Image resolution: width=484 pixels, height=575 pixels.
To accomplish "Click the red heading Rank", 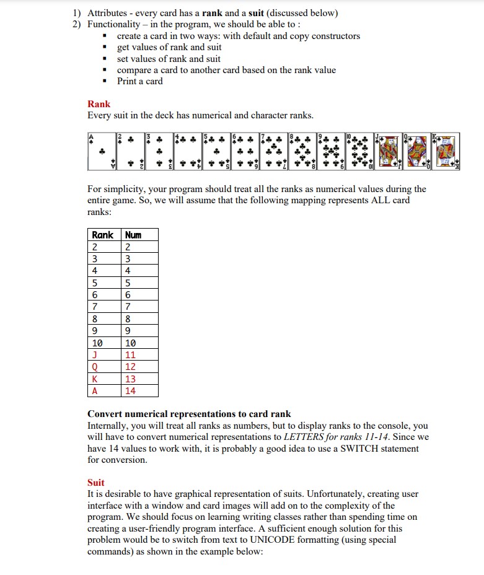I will click(x=99, y=104).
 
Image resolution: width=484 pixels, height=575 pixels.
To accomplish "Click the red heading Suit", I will click(x=96, y=482).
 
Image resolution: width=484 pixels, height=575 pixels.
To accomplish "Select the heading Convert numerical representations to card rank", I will click(x=189, y=414).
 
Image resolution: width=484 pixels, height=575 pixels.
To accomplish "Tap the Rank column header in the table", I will click(x=103, y=235).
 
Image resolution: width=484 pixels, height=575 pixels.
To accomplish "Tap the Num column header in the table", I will click(x=133, y=235).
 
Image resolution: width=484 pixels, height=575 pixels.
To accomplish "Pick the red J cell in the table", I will click(x=95, y=355).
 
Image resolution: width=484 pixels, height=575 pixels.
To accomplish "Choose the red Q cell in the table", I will click(x=95, y=367).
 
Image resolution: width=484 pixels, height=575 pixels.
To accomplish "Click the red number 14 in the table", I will click(x=130, y=391).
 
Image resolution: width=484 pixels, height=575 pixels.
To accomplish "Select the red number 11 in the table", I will click(x=130, y=355).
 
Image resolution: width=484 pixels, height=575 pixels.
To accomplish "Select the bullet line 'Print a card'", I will click(x=140, y=81).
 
